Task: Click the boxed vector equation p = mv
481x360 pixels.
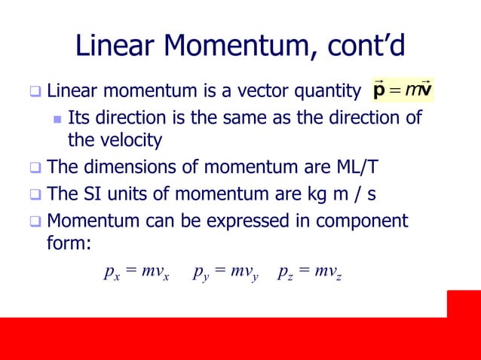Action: pyautogui.click(x=403, y=93)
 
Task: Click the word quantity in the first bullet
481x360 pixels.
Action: pyautogui.click(x=329, y=93)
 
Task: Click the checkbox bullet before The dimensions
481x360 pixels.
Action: pyautogui.click(x=35, y=168)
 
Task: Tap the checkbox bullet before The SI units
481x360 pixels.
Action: pyautogui.click(x=35, y=195)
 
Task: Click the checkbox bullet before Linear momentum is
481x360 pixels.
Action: pyautogui.click(x=35, y=94)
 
